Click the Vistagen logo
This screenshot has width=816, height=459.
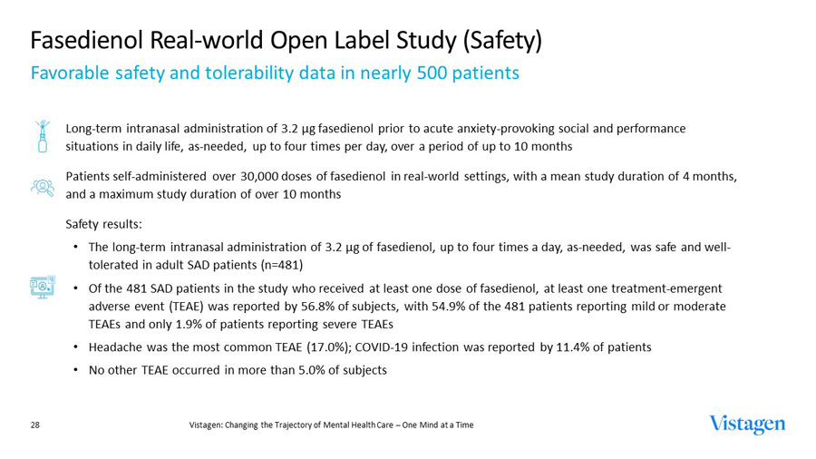(x=748, y=425)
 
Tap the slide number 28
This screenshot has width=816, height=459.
(x=35, y=425)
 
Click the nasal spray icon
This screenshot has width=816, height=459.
(x=42, y=136)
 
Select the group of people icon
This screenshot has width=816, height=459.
(x=42, y=186)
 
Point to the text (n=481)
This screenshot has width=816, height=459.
(x=277, y=265)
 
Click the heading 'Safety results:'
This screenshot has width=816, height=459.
(x=104, y=224)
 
